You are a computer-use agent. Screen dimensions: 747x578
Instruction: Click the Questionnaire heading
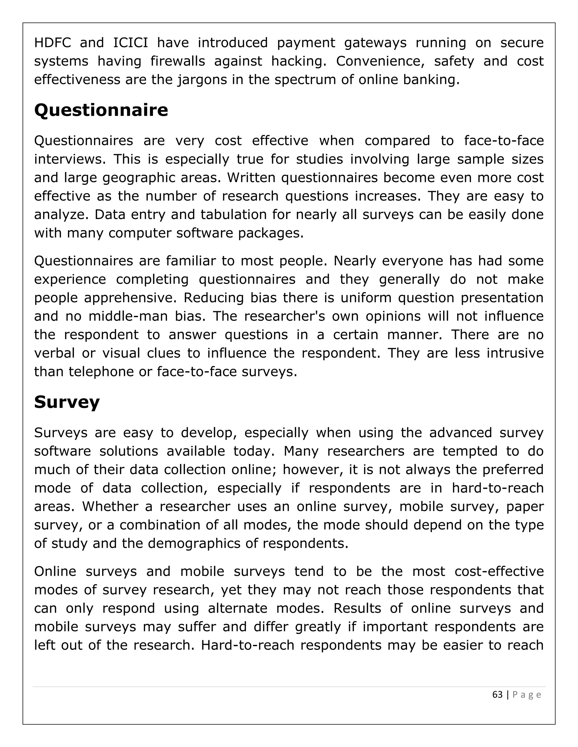pos(101,110)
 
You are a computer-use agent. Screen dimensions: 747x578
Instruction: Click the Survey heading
pos(67,402)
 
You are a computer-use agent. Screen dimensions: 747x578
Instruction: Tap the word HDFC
pos(52,43)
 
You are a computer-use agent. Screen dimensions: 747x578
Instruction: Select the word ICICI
pos(130,43)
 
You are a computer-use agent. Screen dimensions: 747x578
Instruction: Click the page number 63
pos(497,695)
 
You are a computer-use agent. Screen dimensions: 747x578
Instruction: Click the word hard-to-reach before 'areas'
pos(498,488)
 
